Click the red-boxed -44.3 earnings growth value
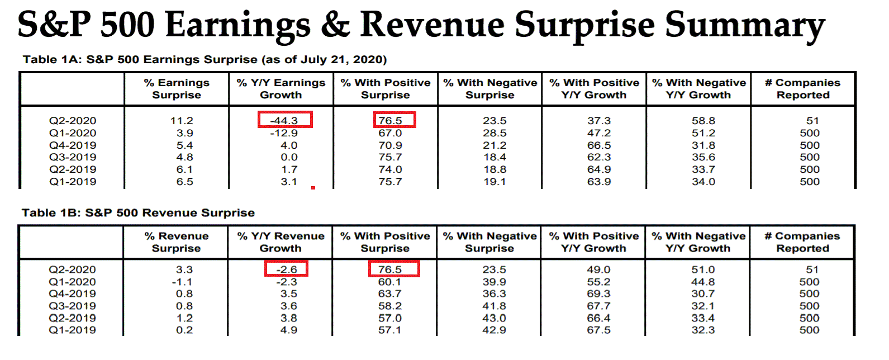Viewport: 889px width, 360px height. point(284,120)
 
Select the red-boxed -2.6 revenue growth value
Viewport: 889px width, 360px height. point(287,269)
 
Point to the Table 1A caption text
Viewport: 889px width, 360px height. point(205,60)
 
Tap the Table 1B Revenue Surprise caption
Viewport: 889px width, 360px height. point(138,213)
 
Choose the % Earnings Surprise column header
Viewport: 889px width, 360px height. point(177,89)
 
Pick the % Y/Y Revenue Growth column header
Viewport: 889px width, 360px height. point(281,242)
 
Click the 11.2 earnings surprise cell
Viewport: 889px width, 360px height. point(182,121)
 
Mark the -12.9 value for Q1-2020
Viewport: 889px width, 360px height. point(284,133)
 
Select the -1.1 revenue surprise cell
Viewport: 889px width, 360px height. point(182,282)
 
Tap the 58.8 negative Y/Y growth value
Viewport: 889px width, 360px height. point(703,121)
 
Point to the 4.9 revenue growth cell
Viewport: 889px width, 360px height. point(289,330)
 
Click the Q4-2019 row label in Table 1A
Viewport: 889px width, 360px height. point(73,145)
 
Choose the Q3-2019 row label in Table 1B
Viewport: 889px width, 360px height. point(72,306)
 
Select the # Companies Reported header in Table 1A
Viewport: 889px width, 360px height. point(802,89)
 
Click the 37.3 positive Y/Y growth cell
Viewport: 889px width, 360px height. point(599,121)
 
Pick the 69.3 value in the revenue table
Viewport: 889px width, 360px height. point(598,293)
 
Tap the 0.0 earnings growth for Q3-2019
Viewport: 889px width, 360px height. point(289,157)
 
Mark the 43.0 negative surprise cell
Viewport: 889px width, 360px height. point(495,318)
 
